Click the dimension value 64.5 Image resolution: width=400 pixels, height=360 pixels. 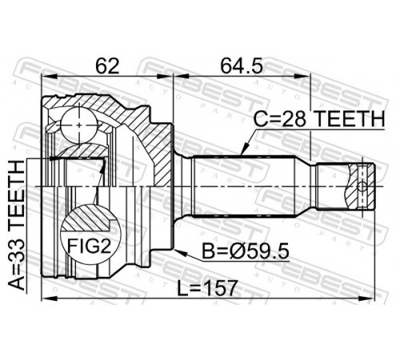point(242,66)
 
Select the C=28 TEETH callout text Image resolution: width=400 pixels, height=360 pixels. point(319,119)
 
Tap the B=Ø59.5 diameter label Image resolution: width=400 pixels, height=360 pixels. point(246,251)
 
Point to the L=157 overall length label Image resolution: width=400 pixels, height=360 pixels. point(207,288)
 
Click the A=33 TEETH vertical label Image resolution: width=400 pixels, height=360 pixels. point(17,225)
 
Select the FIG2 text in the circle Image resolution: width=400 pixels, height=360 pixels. point(89,246)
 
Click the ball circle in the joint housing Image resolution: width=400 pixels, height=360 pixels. point(79,125)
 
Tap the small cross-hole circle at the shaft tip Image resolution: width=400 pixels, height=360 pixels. point(362,186)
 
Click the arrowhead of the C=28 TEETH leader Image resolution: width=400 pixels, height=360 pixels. point(244,150)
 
